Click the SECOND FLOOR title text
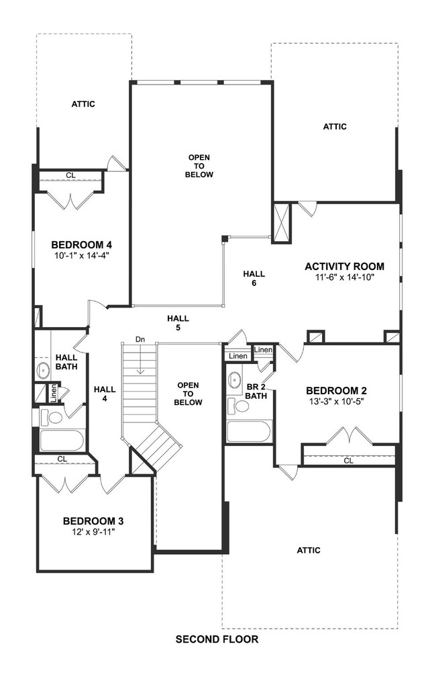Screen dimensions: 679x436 pyautogui.click(x=217, y=639)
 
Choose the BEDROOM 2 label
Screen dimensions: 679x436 pyautogui.click(x=336, y=390)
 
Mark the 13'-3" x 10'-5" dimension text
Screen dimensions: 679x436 pyautogui.click(x=336, y=402)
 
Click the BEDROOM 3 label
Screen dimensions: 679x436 pyautogui.click(x=93, y=520)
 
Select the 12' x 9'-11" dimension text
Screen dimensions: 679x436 pyautogui.click(x=93, y=532)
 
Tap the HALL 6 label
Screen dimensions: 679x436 pyautogui.click(x=254, y=278)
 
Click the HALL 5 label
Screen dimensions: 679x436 pyautogui.click(x=178, y=323)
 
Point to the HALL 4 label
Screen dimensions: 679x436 pyautogui.click(x=105, y=393)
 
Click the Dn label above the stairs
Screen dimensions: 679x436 pyautogui.click(x=140, y=339)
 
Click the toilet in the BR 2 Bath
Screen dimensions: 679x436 pyautogui.click(x=238, y=405)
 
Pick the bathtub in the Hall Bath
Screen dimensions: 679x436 pyautogui.click(x=62, y=441)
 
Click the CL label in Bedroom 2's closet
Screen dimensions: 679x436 pyautogui.click(x=348, y=461)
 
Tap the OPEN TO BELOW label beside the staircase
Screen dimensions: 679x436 pyautogui.click(x=188, y=394)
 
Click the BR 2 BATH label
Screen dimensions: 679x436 pyautogui.click(x=256, y=391)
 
